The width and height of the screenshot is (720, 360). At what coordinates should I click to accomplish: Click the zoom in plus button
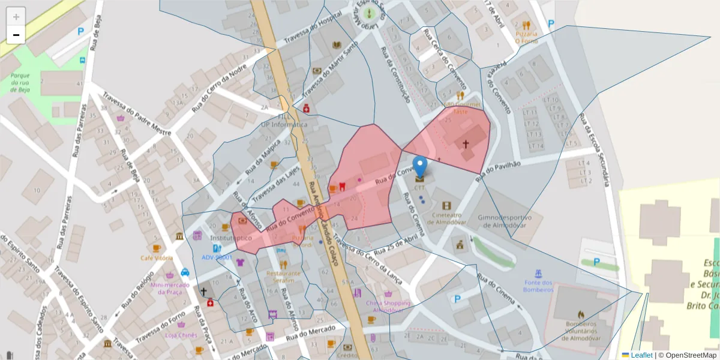click(16, 17)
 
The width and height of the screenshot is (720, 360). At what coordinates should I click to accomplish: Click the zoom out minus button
click(16, 35)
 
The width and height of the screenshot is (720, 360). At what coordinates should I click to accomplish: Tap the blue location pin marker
click(421, 167)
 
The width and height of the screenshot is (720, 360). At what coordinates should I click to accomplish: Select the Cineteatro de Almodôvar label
click(446, 218)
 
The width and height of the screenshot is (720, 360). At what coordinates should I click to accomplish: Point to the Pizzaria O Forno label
click(526, 37)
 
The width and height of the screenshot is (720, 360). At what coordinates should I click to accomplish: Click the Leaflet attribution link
click(641, 355)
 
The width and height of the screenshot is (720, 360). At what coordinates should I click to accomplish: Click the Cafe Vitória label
click(157, 258)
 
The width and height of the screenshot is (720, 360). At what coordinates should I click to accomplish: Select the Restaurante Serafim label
click(283, 277)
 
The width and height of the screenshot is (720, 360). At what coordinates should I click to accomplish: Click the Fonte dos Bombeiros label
click(538, 286)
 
